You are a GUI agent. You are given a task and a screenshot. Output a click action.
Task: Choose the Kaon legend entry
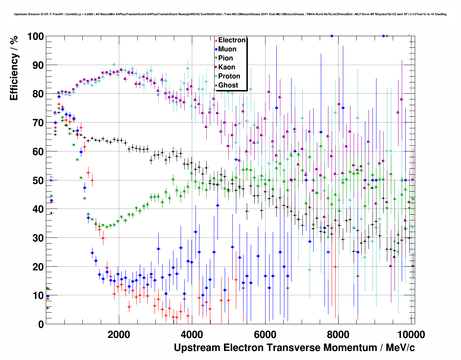click(x=227, y=67)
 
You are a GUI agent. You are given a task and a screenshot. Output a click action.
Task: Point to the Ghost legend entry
click(x=228, y=85)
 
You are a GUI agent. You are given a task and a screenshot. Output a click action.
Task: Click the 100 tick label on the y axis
click(x=35, y=37)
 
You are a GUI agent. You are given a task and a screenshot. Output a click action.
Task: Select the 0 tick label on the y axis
click(x=41, y=324)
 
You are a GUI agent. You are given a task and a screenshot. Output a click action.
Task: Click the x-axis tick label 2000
click(x=119, y=334)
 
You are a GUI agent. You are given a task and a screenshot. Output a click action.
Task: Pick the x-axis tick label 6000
click(x=265, y=334)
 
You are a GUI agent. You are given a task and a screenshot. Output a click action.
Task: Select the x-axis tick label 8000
click(x=338, y=334)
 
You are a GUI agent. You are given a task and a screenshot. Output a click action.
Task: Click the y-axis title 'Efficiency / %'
click(x=14, y=68)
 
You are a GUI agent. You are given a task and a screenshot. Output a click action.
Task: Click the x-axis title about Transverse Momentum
click(x=294, y=348)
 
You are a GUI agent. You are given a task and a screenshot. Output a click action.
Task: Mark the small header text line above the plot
click(x=230, y=14)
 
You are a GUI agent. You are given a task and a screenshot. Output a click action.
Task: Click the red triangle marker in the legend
click(x=216, y=40)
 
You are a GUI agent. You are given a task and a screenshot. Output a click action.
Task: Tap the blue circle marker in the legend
click(x=216, y=49)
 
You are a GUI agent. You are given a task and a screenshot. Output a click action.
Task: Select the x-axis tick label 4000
click(x=192, y=334)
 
